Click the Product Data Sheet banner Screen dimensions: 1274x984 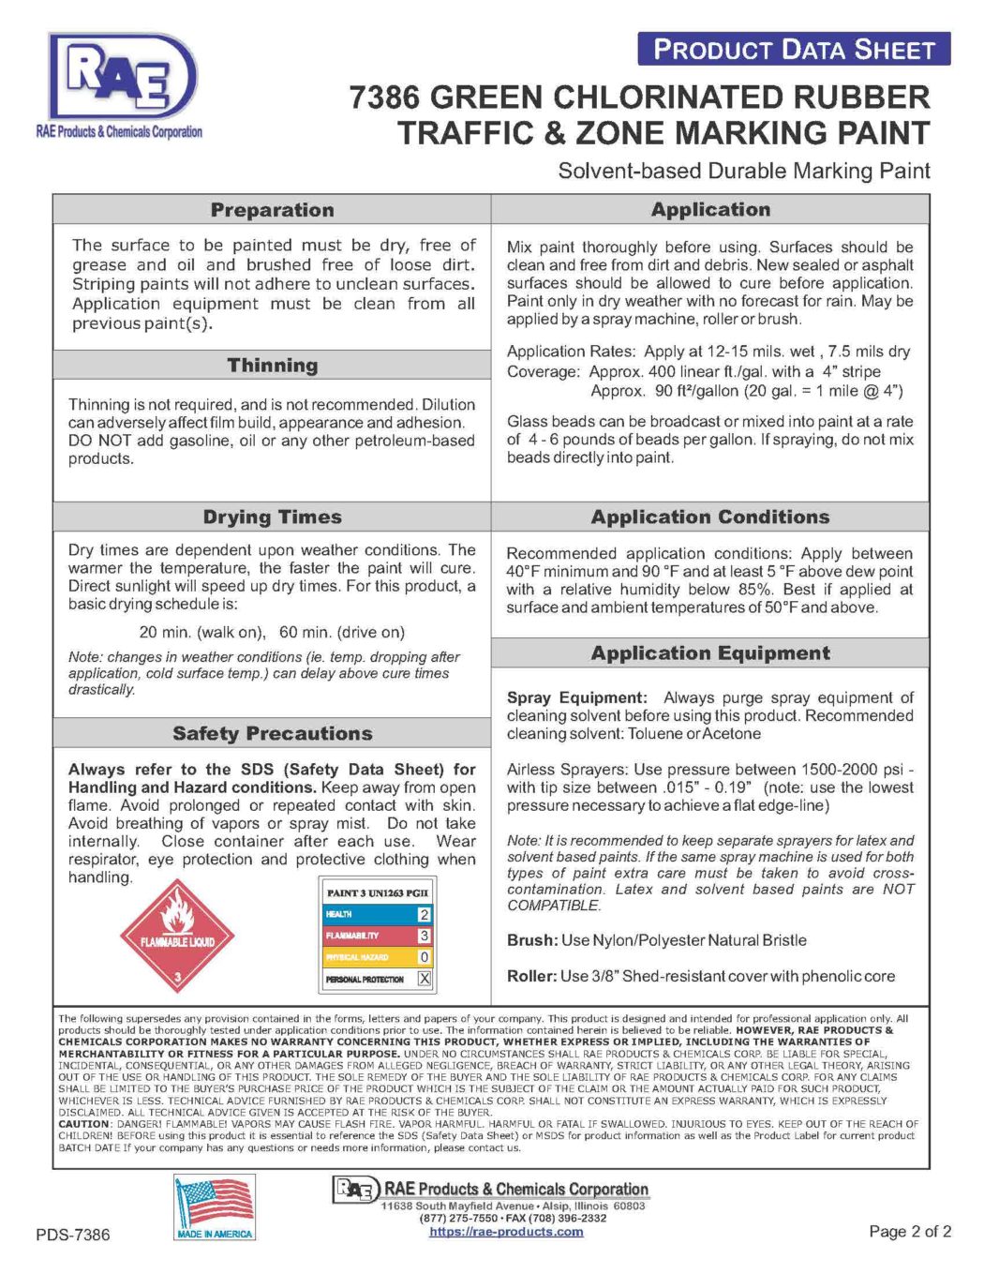point(793,50)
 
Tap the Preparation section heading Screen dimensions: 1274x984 point(272,210)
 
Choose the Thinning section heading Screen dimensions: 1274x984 point(272,366)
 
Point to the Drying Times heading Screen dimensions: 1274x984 point(272,517)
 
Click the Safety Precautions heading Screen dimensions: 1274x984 point(272,734)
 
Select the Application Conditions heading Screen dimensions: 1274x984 point(709,517)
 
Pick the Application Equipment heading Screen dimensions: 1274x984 point(709,653)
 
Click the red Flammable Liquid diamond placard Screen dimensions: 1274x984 point(177,935)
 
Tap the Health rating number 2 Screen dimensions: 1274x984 point(424,914)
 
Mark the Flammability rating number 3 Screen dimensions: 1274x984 point(424,936)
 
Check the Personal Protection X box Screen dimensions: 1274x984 point(424,979)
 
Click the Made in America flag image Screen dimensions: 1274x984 point(215,1207)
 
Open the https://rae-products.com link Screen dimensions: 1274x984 point(506,1232)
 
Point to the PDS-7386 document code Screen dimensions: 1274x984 point(73,1235)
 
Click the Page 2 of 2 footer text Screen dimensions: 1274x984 point(909,1232)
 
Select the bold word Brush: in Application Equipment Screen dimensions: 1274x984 point(532,940)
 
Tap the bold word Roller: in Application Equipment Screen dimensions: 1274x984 point(531,976)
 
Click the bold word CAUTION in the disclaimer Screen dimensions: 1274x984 point(84,1123)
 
